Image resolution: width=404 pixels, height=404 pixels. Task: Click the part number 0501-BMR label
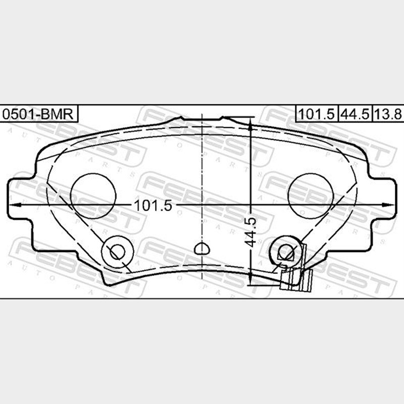tap(38, 114)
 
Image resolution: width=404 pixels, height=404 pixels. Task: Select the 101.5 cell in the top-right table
tap(317, 113)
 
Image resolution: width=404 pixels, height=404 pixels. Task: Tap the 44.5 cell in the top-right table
tap(355, 113)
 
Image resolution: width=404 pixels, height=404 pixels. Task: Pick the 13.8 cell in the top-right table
tap(388, 113)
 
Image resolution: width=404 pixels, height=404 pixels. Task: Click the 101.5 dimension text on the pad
tap(153, 206)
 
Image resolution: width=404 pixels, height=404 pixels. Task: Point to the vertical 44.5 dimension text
tap(250, 232)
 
